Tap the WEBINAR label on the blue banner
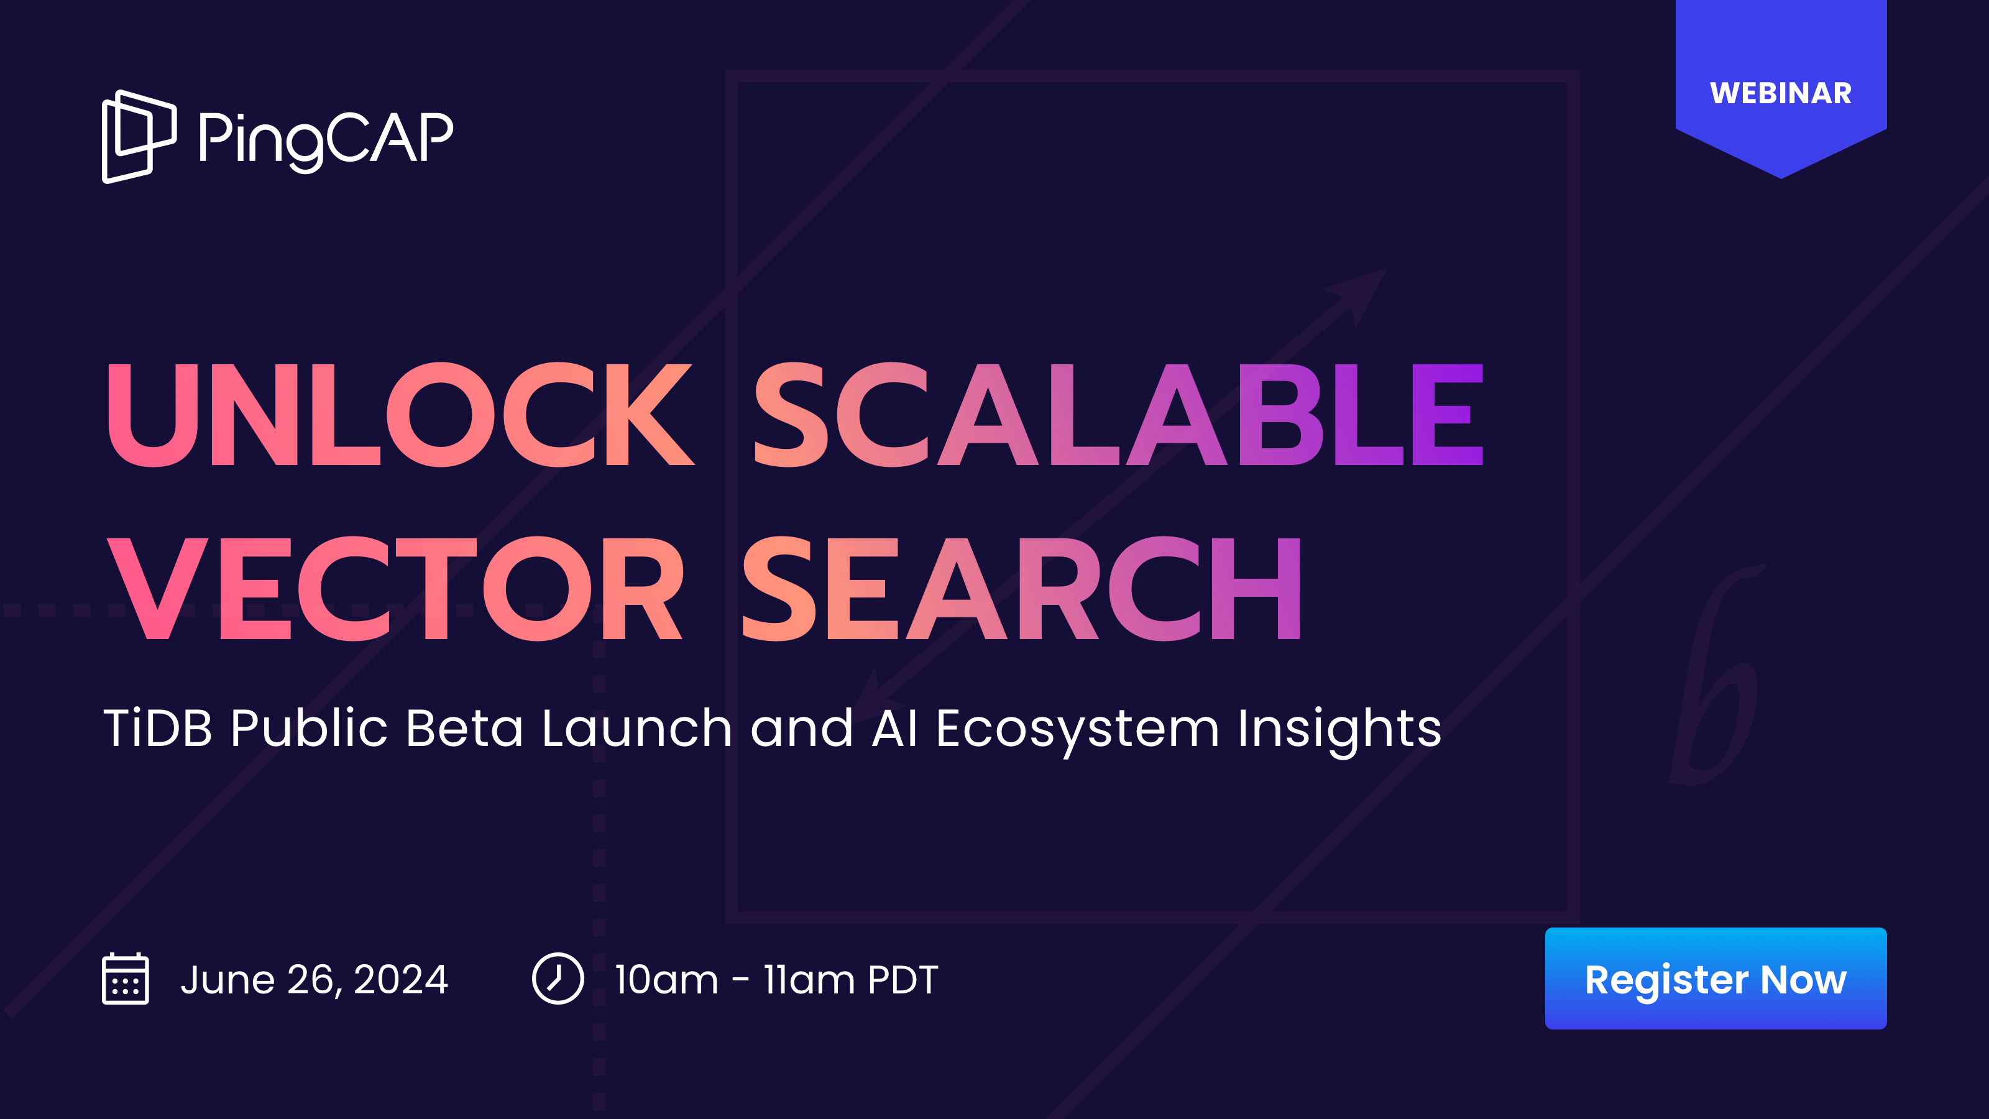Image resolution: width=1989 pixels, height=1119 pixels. click(x=1781, y=93)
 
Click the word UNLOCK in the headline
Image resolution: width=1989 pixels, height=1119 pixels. click(x=400, y=415)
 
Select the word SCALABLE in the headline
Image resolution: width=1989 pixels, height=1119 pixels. click(x=1118, y=415)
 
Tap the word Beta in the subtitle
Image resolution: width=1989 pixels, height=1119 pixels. click(x=464, y=728)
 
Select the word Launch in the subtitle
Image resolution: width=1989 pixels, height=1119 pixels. click(x=636, y=728)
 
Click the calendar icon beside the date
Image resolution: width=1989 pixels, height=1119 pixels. click(x=125, y=979)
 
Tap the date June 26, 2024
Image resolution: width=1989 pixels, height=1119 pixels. click(x=313, y=980)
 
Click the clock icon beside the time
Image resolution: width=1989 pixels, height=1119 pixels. click(x=558, y=979)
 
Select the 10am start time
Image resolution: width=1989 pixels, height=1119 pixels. click(x=666, y=980)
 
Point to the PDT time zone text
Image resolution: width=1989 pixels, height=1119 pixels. click(x=903, y=980)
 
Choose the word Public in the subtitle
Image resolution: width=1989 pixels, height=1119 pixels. click(x=308, y=728)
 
